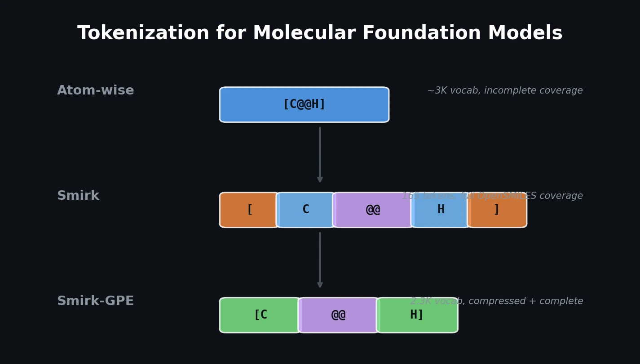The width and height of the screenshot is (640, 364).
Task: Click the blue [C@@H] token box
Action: (304, 104)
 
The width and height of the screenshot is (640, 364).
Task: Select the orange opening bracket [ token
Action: (249, 210)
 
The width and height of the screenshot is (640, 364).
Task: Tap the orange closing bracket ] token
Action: (497, 210)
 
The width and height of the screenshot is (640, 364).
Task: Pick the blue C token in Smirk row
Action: (305, 210)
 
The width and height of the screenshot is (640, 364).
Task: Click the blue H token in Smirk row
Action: (441, 210)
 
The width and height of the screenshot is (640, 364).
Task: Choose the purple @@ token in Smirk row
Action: (373, 210)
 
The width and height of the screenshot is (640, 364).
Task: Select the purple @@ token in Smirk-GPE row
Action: (338, 315)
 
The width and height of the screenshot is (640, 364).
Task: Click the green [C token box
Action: (260, 315)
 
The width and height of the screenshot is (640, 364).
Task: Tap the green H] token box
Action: (417, 315)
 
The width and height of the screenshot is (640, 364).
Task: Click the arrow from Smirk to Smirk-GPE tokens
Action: (320, 260)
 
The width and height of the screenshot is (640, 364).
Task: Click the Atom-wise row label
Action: (95, 90)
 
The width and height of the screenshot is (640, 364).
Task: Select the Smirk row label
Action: (78, 196)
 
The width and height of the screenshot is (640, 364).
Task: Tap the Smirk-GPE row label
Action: (95, 301)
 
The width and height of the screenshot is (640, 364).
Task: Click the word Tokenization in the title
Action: (143, 33)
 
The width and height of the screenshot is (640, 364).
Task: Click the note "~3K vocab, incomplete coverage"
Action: (505, 90)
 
